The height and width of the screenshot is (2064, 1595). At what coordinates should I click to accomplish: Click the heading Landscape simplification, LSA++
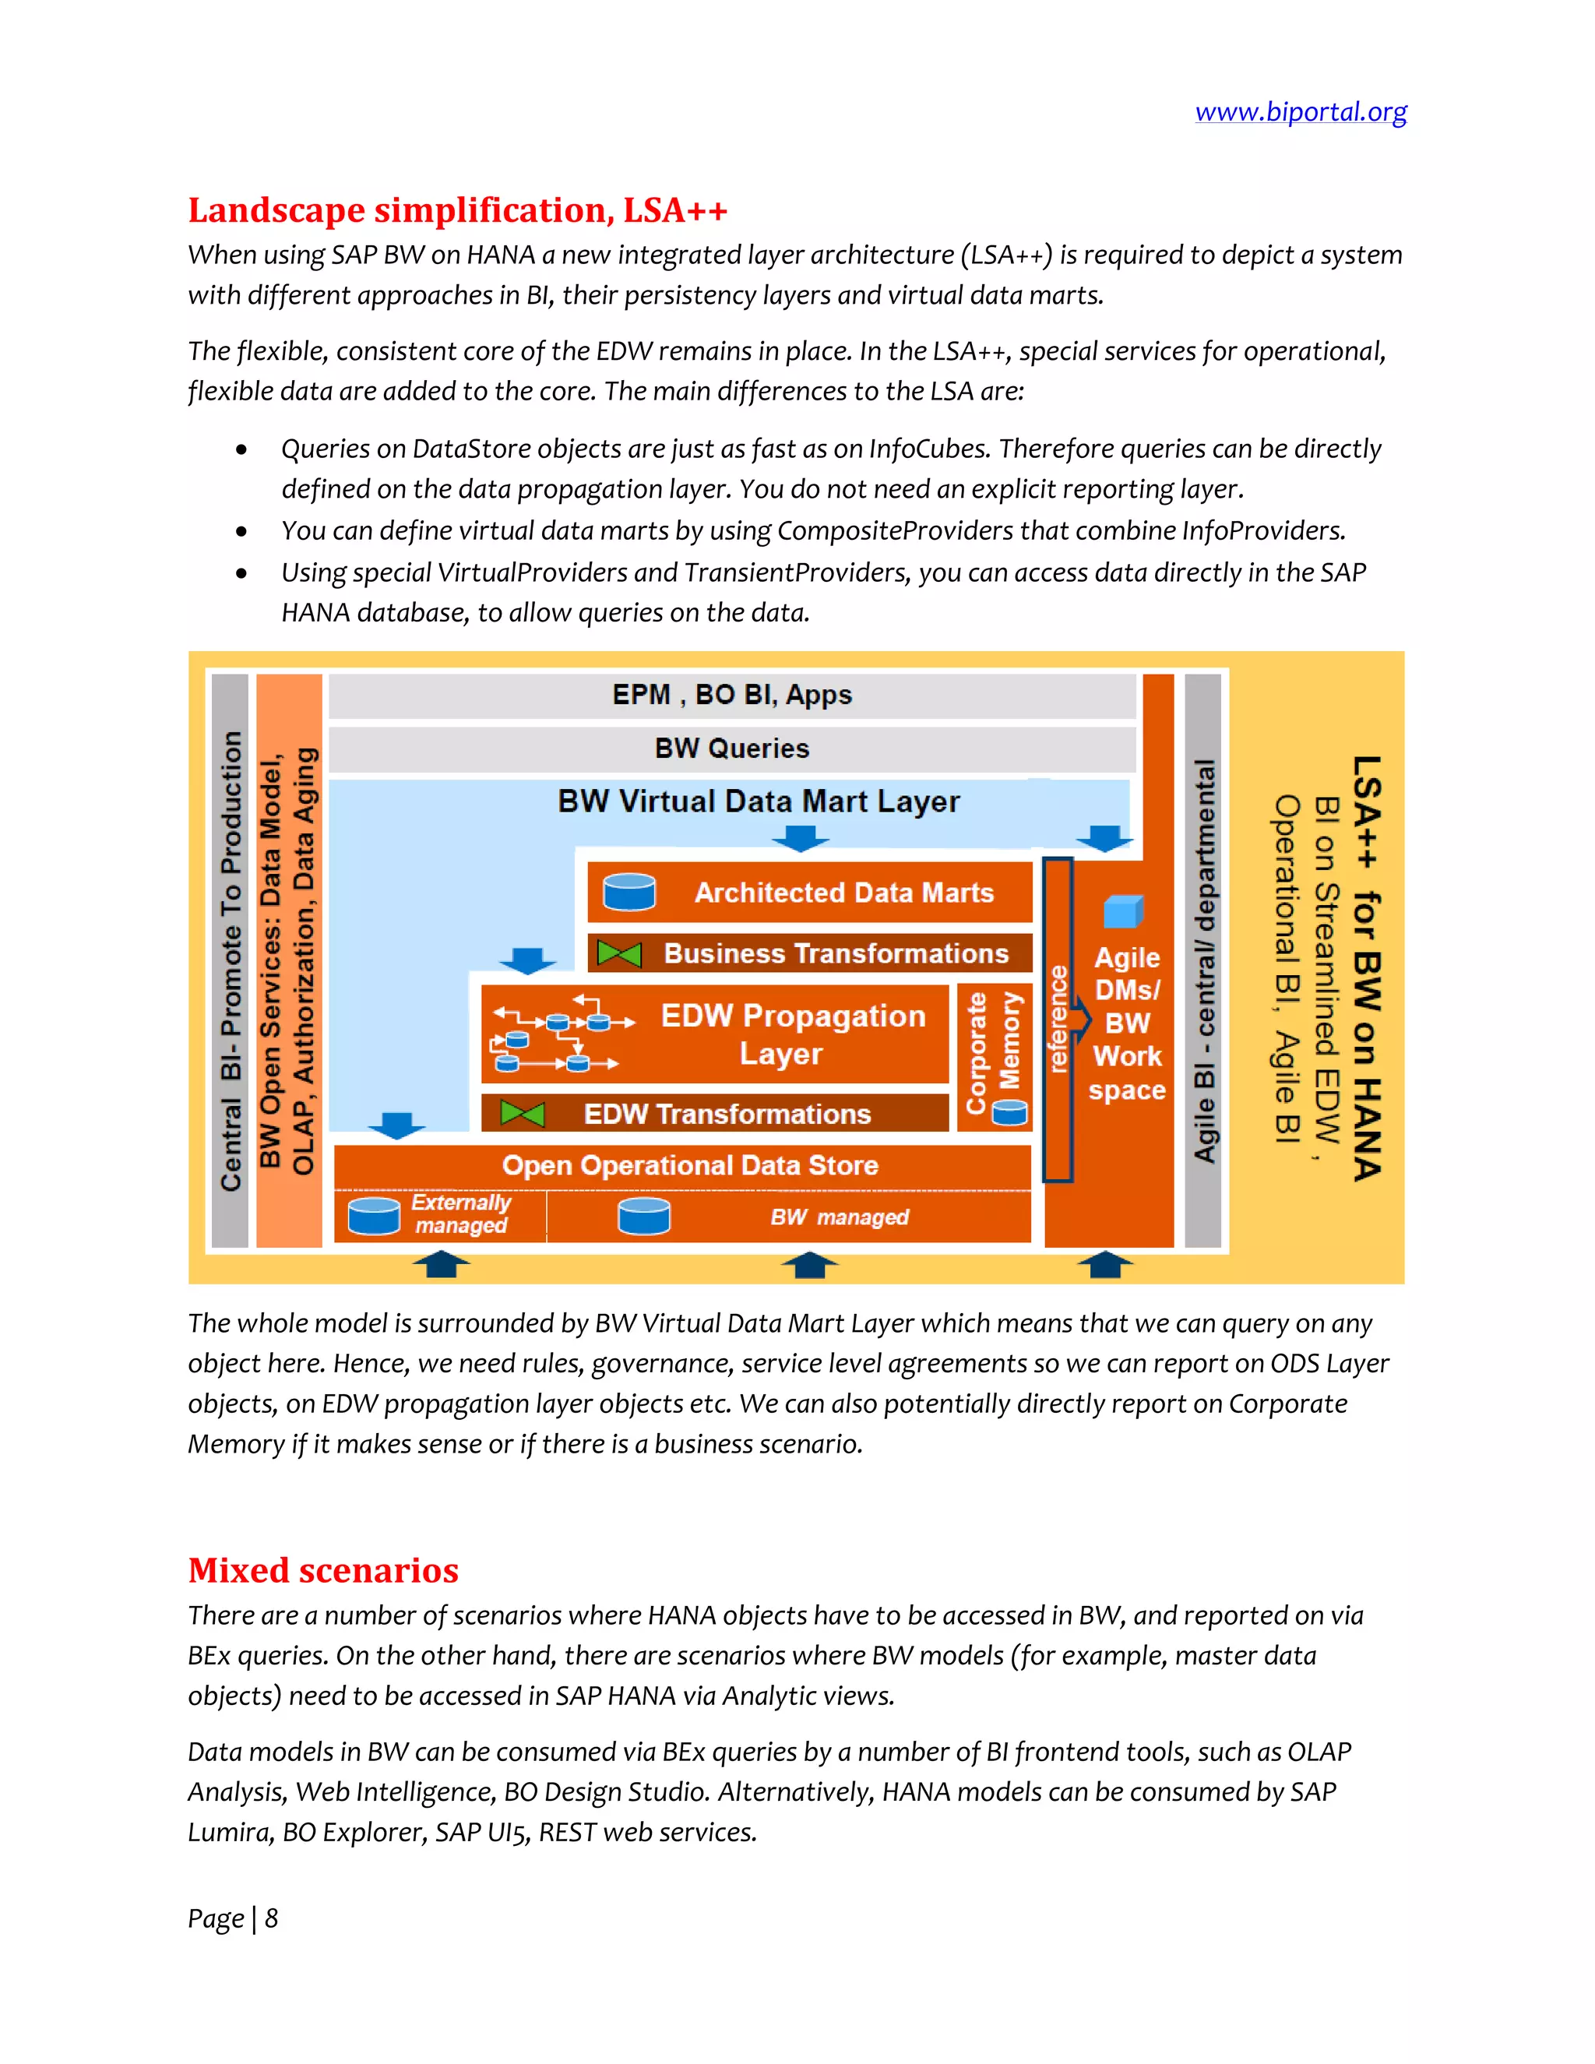[457, 210]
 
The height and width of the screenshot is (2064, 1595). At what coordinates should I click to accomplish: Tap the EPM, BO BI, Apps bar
[731, 695]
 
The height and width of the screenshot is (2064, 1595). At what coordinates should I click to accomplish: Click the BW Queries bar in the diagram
[731, 748]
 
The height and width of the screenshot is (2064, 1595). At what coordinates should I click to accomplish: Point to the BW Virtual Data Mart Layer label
[758, 801]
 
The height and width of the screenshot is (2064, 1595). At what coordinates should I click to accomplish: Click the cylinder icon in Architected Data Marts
[629, 892]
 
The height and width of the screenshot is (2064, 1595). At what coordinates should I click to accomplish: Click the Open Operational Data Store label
[690, 1165]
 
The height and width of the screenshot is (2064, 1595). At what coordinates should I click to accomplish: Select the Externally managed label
[461, 1214]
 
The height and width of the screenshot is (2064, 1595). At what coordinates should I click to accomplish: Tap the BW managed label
[839, 1217]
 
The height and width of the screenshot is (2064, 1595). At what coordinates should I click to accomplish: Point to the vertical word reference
[1058, 1019]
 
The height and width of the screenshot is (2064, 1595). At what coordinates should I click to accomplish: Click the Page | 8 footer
[232, 1918]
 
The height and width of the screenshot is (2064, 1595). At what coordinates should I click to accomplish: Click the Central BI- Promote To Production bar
[231, 960]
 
